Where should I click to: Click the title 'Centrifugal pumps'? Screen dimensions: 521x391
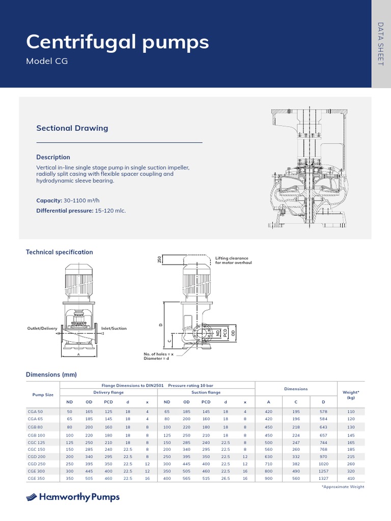coord(117,42)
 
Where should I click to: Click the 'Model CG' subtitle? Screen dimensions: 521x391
coord(46,62)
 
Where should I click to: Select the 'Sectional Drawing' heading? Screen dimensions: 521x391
coord(72,128)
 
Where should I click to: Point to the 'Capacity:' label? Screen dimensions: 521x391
coord(48,201)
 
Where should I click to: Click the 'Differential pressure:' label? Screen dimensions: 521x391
coord(65,211)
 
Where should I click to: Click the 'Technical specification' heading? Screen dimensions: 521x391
coord(59,252)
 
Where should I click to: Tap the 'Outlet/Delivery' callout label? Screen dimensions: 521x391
coord(42,329)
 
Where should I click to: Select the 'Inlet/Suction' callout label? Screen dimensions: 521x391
coord(114,329)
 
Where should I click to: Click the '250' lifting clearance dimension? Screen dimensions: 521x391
coord(159,259)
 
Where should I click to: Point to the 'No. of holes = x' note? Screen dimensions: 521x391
coord(158,354)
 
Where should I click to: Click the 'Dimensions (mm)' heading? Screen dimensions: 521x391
coord(51,375)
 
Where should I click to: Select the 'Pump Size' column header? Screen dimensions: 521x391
coord(43,394)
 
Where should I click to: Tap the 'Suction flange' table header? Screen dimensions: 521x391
coord(206,392)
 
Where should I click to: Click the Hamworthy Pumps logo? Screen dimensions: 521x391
coord(73,497)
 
